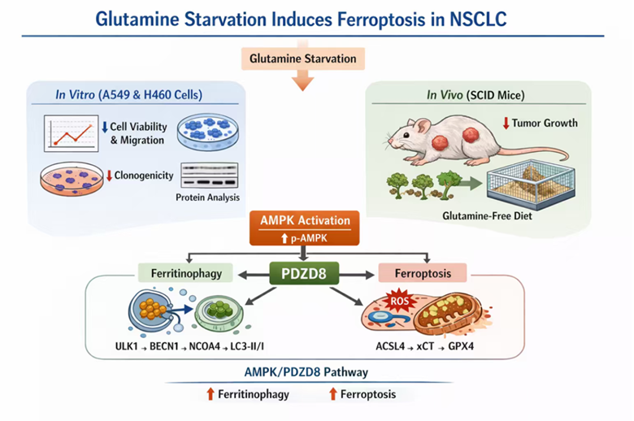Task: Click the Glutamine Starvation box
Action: point(303,59)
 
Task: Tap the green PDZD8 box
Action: point(304,273)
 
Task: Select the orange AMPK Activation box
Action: point(305,228)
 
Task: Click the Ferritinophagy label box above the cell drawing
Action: point(186,273)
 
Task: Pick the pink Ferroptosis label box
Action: point(423,273)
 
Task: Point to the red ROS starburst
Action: point(399,301)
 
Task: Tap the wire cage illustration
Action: point(531,184)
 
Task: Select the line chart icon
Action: point(72,133)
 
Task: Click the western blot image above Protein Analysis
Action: point(210,176)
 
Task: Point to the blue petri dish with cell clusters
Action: point(208,132)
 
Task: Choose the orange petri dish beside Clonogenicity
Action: point(72,179)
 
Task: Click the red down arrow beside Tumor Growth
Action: point(506,123)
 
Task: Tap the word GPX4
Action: point(461,346)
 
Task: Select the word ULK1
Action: point(127,346)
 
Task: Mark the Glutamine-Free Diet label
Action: point(487,215)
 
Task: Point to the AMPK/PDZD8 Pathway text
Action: point(306,372)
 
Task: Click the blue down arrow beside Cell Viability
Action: point(105,127)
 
